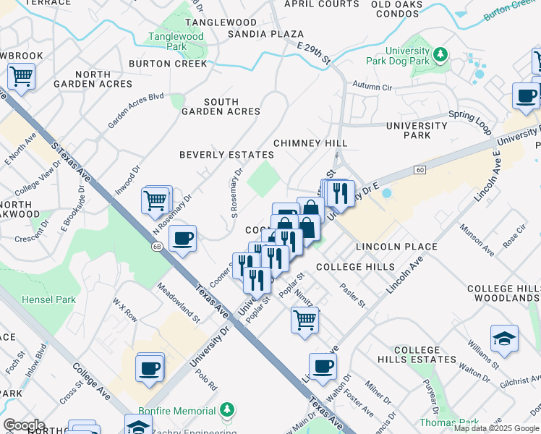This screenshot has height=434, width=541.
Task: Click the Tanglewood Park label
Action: click(x=176, y=41)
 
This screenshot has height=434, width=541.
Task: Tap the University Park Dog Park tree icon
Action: click(x=439, y=54)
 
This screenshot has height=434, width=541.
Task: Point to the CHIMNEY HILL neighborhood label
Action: click(x=310, y=144)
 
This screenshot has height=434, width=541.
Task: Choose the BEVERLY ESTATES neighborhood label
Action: click(x=226, y=155)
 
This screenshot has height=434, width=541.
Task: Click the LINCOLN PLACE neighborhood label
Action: click(x=396, y=247)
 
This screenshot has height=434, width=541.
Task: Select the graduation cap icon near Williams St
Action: click(x=505, y=339)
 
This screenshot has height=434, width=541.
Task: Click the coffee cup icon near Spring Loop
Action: click(x=527, y=95)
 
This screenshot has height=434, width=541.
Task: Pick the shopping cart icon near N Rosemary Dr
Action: click(x=156, y=200)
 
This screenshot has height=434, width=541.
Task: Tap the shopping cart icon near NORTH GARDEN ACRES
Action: click(x=21, y=75)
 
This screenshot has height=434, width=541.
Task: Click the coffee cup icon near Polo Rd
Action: click(x=150, y=367)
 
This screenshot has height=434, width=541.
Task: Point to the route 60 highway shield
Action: click(x=419, y=169)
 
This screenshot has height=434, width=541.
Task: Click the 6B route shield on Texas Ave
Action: click(x=157, y=247)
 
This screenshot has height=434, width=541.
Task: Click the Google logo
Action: click(x=23, y=425)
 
